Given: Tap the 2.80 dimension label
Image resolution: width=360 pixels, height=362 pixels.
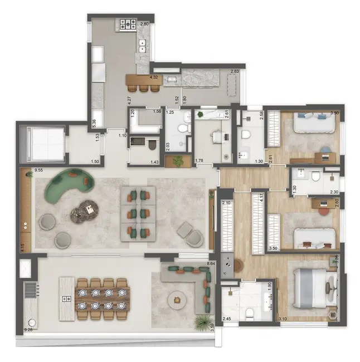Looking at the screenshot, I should tap(144, 25).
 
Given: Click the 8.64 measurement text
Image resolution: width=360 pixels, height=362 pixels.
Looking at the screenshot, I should tap(211, 262).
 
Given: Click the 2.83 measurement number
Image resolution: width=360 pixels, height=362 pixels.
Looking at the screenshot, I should tap(235, 71).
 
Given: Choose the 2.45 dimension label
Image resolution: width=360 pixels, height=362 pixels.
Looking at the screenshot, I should tap(227, 319).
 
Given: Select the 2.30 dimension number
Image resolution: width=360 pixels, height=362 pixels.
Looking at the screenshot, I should tap(334, 192).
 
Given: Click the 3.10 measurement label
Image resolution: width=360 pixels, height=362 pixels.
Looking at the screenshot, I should tap(283, 319).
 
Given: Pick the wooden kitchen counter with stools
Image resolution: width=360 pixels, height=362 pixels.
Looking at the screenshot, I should tap(144, 80).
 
